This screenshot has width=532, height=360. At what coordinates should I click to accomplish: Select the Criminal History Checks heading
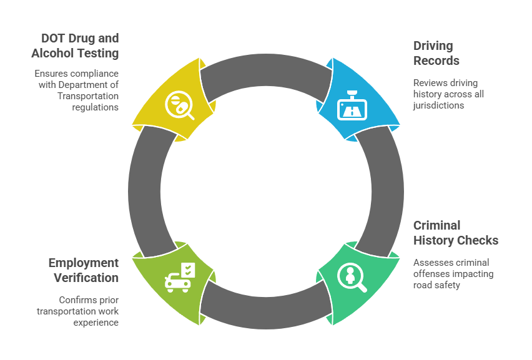pyautogui.click(x=456, y=233)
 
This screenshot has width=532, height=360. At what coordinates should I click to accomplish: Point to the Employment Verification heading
pyautogui.click(x=83, y=270)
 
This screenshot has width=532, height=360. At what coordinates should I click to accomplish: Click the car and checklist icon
pyautogui.click(x=180, y=276)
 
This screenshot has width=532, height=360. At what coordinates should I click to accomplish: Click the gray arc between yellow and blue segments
pyautogui.click(x=266, y=73)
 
